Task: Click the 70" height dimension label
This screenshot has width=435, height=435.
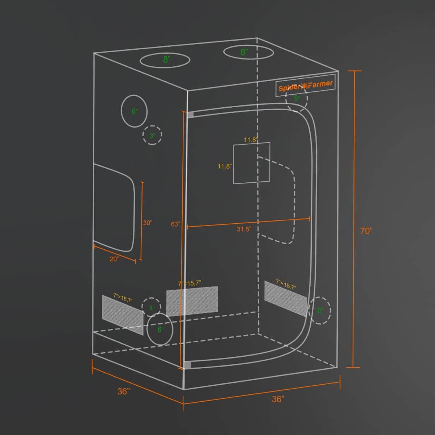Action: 366,231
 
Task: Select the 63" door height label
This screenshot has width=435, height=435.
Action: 175,224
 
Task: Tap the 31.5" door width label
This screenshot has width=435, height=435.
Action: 244,229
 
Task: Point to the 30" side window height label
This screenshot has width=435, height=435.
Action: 148,223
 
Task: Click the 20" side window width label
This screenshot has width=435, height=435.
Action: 115,259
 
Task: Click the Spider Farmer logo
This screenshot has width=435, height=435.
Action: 305,86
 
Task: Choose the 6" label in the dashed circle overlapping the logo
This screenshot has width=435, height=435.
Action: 297,98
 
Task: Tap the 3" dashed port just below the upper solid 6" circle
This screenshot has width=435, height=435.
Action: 152,135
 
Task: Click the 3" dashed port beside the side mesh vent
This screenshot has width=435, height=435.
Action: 151,307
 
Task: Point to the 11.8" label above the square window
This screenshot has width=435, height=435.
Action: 251,140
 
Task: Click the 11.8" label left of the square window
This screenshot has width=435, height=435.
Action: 225,166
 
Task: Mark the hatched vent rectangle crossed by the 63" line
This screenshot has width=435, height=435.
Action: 192,301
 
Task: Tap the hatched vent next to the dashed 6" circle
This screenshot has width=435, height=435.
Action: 286,299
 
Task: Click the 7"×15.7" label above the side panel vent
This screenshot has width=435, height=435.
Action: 123,298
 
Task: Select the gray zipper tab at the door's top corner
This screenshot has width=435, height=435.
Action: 190,115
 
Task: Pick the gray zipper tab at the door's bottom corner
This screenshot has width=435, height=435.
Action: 187,365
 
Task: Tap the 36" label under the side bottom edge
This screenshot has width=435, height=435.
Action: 124,391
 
